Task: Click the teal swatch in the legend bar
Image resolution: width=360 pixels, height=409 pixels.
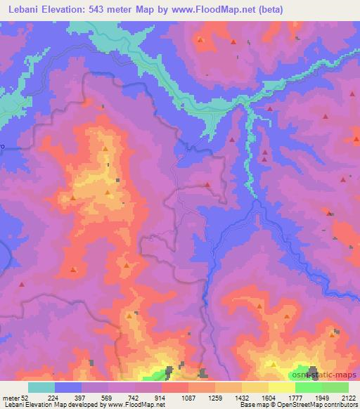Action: pyautogui.click(x=41, y=387)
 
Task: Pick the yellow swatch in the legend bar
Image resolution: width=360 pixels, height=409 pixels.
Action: pyautogui.click(x=282, y=387)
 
